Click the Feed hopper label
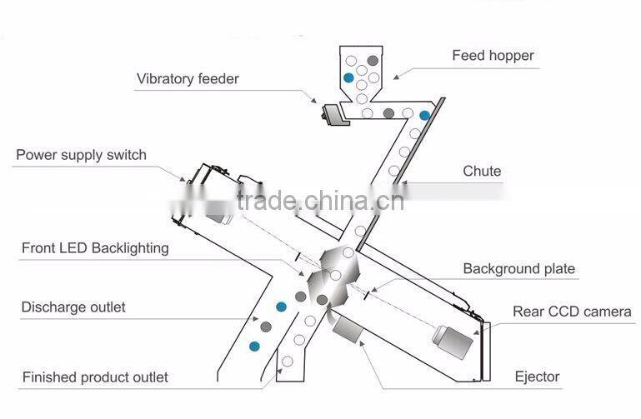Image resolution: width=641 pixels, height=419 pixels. pyautogui.click(x=493, y=56)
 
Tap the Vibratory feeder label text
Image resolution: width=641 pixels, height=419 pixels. pyautogui.click(x=188, y=78)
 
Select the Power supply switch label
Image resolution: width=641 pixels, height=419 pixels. pyautogui.click(x=81, y=155)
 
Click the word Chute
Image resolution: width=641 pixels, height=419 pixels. pyautogui.click(x=482, y=171)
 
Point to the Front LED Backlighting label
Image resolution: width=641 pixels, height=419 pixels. pyautogui.click(x=95, y=248)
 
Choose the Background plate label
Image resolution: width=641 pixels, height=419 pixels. pyautogui.click(x=518, y=269)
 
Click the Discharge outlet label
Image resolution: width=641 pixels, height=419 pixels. pyautogui.click(x=73, y=307)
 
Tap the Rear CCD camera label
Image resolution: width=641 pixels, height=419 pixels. pyautogui.click(x=572, y=312)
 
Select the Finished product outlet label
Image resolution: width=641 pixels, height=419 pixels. pyautogui.click(x=95, y=377)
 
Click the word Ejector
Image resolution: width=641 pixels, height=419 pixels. pyautogui.click(x=537, y=377)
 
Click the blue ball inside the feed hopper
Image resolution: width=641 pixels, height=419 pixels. pyautogui.click(x=348, y=77)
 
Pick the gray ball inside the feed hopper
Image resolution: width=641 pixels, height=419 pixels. pyautogui.click(x=373, y=61)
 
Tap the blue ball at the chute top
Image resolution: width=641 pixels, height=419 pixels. pyautogui.click(x=425, y=115)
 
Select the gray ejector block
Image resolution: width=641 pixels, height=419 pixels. pyautogui.click(x=348, y=330)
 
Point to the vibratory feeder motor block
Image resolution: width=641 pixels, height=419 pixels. pyautogui.click(x=335, y=115)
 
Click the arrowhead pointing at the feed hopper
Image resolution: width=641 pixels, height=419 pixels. pyautogui.click(x=396, y=77)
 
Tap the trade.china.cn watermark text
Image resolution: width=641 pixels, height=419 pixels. pyautogui.click(x=320, y=201)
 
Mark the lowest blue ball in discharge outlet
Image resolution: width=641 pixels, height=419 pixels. pyautogui.click(x=254, y=347)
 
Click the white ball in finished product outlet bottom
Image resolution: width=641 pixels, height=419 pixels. pyautogui.click(x=288, y=362)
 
